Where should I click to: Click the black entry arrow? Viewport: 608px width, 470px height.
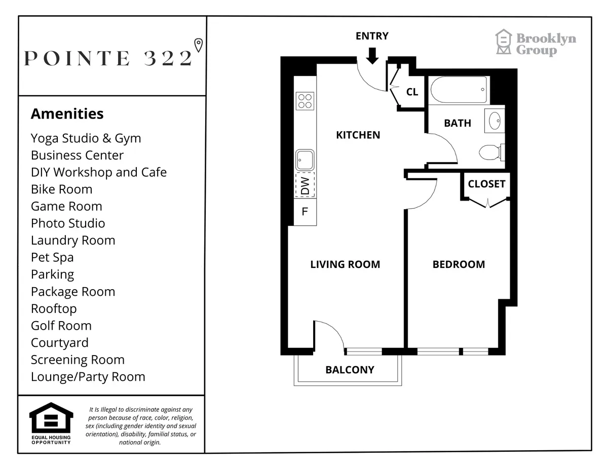[x=372, y=55]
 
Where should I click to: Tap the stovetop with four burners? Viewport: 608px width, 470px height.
[x=305, y=101]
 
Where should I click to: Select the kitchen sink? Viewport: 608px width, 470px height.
[x=305, y=160]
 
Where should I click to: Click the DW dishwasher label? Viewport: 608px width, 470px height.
[x=305, y=185]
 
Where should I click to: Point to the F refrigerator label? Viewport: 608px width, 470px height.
[x=305, y=212]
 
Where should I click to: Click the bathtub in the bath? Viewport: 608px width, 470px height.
[x=459, y=90]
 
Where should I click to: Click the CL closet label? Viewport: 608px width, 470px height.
[x=412, y=92]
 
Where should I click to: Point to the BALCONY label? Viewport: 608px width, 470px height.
[x=350, y=370]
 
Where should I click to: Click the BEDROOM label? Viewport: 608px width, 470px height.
[x=459, y=264]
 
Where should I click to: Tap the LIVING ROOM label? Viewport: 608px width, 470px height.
[x=345, y=264]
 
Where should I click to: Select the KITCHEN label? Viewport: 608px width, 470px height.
[x=358, y=135]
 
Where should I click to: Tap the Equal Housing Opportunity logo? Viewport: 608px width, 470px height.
[x=51, y=423]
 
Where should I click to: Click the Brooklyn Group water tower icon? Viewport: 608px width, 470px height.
[x=504, y=42]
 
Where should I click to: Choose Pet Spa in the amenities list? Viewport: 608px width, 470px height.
[x=52, y=257]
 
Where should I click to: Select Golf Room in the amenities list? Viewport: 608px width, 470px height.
[x=61, y=326]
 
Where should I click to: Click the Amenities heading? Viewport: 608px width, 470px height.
[x=67, y=114]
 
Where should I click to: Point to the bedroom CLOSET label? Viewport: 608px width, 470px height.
[x=486, y=184]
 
